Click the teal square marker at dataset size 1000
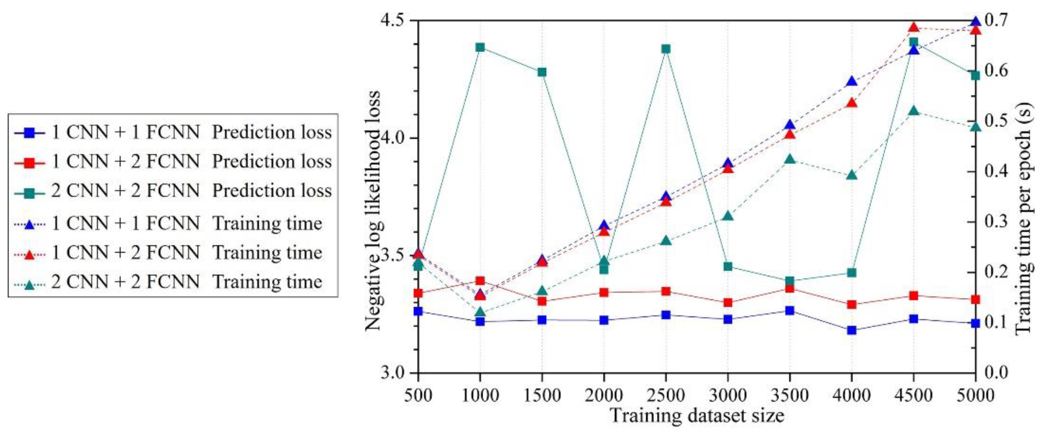[480, 47]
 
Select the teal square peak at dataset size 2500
[666, 49]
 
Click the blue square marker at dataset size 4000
[851, 330]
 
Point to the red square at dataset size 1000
[480, 281]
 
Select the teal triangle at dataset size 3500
[790, 159]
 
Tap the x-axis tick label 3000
[728, 395]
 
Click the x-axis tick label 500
[418, 395]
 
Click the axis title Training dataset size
[697, 416]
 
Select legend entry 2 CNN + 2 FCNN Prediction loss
[191, 191]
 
